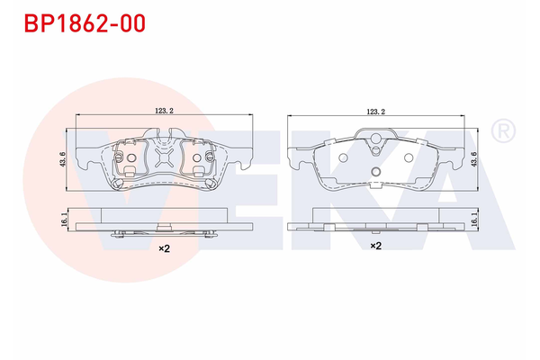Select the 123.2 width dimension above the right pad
point(376,112)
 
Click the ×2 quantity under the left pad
point(164,247)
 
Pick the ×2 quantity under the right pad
point(376,244)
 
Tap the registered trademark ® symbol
point(504,131)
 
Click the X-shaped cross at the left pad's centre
point(163,158)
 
